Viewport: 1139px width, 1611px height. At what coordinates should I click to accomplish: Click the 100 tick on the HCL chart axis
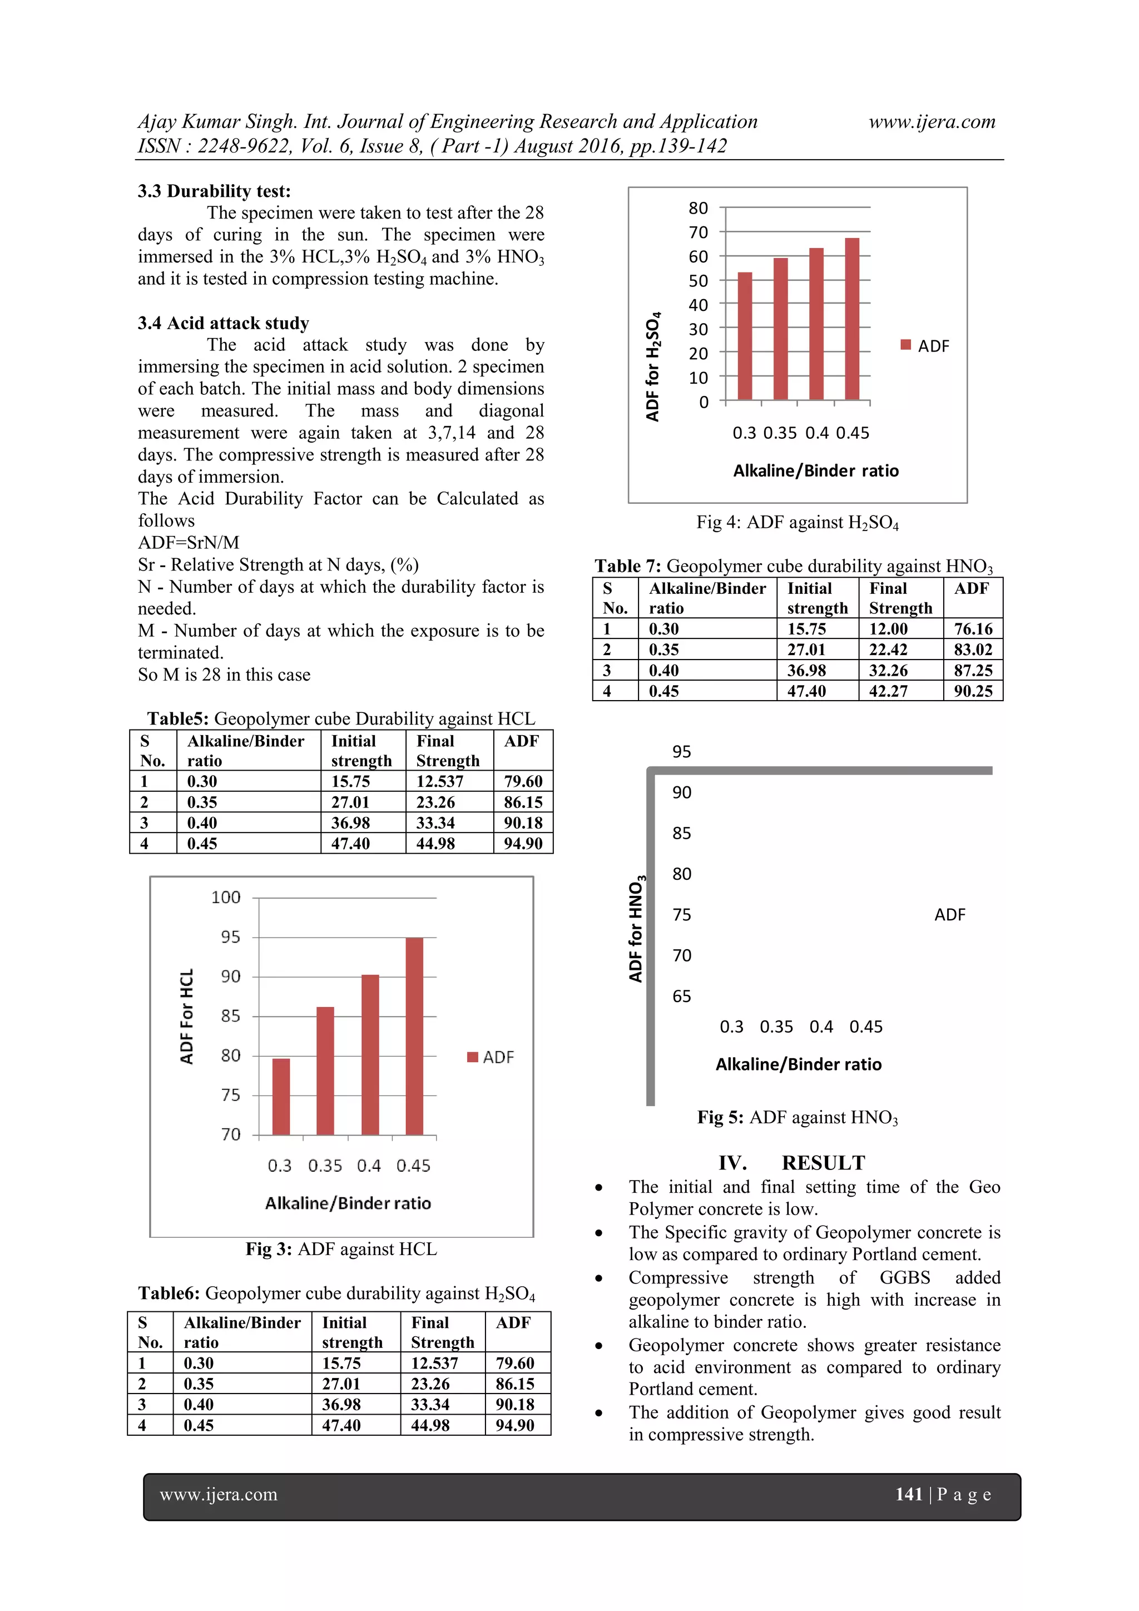pyautogui.click(x=226, y=898)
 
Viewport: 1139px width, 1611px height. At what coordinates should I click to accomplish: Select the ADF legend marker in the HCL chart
pyautogui.click(x=472, y=1057)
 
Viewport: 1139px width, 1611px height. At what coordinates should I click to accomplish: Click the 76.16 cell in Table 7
pyautogui.click(x=973, y=629)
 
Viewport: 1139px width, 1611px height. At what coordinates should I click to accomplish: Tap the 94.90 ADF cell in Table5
pyautogui.click(x=523, y=844)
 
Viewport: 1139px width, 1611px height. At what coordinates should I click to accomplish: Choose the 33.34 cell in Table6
pyautogui.click(x=429, y=1404)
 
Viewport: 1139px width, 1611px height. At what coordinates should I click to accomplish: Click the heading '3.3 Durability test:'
pyautogui.click(x=214, y=191)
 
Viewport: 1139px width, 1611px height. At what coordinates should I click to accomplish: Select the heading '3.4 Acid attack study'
pyautogui.click(x=223, y=324)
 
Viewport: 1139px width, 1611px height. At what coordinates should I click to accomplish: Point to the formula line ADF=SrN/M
pyautogui.click(x=188, y=542)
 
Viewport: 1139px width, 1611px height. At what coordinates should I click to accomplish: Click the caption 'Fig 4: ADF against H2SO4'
pyautogui.click(x=797, y=523)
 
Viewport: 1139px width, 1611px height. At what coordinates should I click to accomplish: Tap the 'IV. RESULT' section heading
pyautogui.click(x=791, y=1163)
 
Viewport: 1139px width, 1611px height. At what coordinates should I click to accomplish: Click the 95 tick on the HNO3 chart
pyautogui.click(x=681, y=752)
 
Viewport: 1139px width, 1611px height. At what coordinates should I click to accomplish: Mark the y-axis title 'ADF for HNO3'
pyautogui.click(x=636, y=928)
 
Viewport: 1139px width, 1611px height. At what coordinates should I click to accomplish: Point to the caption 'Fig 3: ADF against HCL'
pyautogui.click(x=341, y=1249)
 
